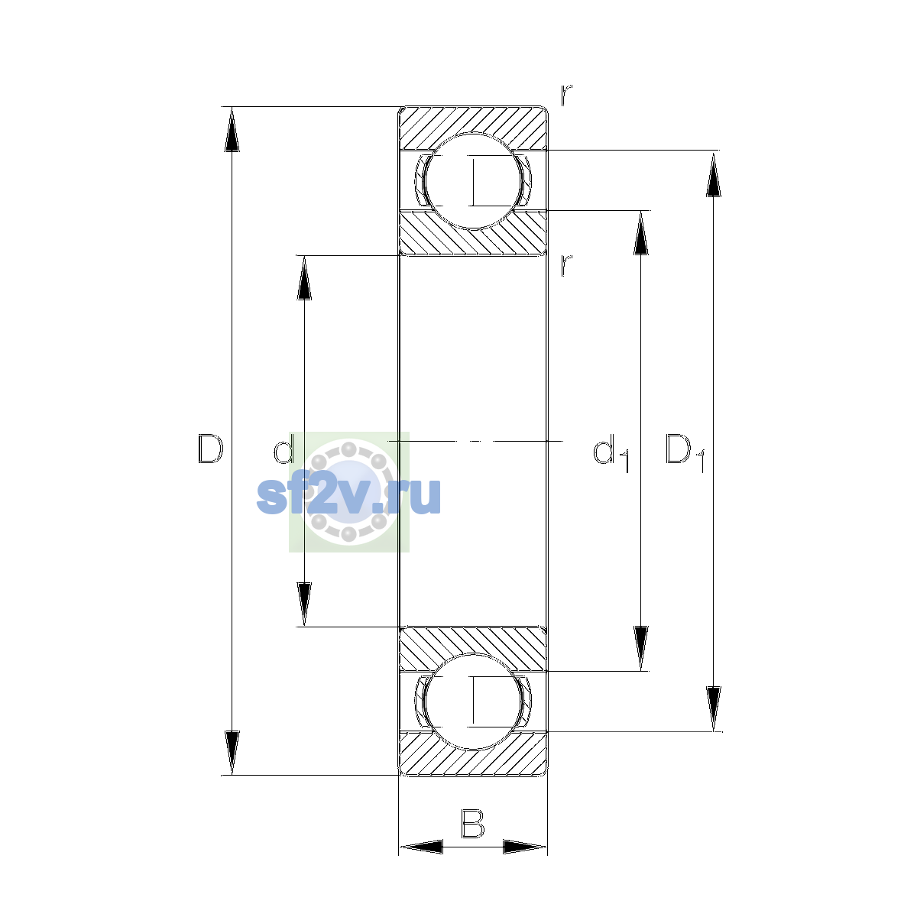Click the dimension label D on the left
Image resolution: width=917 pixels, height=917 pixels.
point(210,449)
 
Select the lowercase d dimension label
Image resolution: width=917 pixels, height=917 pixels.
point(284,449)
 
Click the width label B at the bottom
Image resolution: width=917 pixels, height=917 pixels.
point(472,823)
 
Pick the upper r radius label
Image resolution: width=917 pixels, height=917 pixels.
point(565,95)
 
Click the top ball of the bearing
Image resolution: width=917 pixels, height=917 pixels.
point(474,181)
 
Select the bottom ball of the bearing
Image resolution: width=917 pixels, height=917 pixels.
point(474,702)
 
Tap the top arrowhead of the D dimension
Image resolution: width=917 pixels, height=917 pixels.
point(232,129)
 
